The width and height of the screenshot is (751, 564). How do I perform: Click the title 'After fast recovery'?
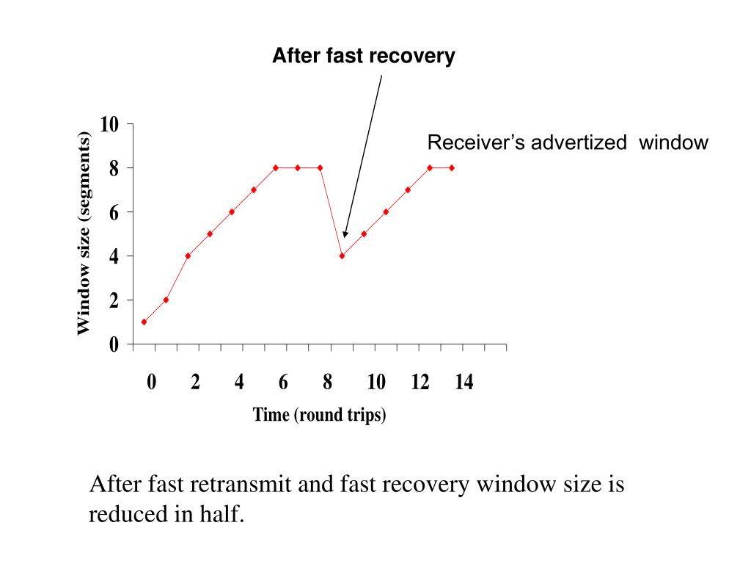tap(363, 56)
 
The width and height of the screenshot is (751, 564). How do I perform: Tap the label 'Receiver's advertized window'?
tap(568, 142)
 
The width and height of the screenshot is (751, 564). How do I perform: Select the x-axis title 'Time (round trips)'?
tap(319, 415)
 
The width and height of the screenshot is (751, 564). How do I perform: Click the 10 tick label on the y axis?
tap(110, 124)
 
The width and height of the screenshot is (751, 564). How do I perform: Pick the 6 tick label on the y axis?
tap(114, 212)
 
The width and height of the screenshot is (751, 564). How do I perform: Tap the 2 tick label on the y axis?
tap(114, 300)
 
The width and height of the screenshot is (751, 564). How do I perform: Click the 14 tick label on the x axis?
tap(464, 383)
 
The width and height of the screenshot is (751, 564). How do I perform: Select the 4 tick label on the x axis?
tap(239, 383)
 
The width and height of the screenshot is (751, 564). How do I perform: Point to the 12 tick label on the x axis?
tap(420, 383)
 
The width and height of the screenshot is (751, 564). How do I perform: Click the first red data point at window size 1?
tap(144, 322)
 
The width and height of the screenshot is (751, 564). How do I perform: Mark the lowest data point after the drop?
tap(342, 256)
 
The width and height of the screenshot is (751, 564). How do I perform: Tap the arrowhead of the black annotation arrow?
tap(345, 234)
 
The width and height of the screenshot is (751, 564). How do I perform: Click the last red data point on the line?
tap(452, 167)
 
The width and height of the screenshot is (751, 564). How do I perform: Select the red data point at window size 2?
tap(166, 300)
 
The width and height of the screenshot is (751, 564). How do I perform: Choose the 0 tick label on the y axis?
tap(114, 344)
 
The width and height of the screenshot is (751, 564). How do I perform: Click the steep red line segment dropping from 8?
tap(331, 211)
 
